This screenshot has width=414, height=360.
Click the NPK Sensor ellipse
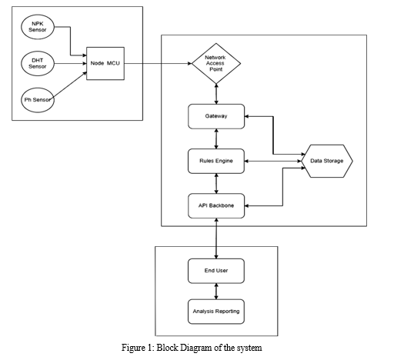(x=38, y=27)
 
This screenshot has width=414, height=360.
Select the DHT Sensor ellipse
(x=38, y=64)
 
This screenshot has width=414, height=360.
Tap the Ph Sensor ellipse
(x=38, y=100)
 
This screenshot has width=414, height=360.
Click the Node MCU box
(x=105, y=64)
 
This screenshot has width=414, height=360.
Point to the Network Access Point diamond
(x=216, y=64)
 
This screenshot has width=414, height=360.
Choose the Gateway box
(x=216, y=116)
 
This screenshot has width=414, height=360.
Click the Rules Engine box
(x=216, y=162)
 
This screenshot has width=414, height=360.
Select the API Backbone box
(x=216, y=206)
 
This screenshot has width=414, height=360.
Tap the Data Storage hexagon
(x=327, y=161)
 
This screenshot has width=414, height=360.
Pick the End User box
(x=216, y=271)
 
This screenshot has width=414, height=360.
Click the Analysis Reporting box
(x=216, y=312)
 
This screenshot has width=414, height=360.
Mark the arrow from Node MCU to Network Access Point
(x=159, y=64)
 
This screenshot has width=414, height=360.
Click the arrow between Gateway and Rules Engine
(x=216, y=138)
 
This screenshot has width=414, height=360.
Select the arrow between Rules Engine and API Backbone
(x=216, y=183)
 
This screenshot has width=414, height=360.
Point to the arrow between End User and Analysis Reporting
(x=216, y=292)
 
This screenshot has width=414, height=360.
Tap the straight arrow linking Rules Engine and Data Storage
(x=273, y=162)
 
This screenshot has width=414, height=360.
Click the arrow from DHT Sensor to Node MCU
(x=70, y=64)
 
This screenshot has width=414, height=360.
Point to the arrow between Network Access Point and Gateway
(x=216, y=94)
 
